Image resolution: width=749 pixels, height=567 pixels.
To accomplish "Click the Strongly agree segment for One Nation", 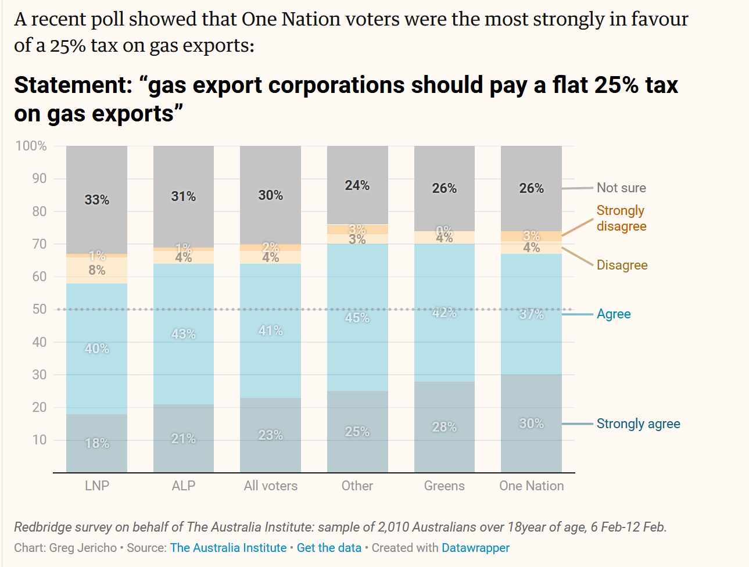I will [x=531, y=424].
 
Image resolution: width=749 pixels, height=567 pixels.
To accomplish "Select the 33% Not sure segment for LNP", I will [x=96, y=200].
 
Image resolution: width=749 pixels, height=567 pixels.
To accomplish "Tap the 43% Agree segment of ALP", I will [x=183, y=334].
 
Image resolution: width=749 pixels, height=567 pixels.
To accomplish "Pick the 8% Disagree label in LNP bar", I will [x=96, y=270].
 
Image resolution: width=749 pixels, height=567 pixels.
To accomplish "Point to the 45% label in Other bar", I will [x=357, y=318].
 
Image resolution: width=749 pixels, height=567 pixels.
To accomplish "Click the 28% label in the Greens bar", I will [x=444, y=427].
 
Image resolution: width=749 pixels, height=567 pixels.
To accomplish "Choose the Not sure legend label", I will [x=621, y=188].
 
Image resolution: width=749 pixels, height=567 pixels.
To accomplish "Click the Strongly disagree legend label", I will [x=621, y=218].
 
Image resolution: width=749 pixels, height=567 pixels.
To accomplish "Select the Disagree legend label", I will [x=622, y=265].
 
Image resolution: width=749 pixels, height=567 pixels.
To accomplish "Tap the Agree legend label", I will [x=614, y=314].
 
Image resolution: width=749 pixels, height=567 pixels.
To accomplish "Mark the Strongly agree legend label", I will [x=638, y=424].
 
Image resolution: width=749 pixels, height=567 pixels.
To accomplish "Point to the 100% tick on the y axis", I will [x=31, y=146].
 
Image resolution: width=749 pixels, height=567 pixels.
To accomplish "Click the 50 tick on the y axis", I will [x=39, y=309].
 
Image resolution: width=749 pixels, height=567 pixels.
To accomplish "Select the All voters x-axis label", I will [x=270, y=486].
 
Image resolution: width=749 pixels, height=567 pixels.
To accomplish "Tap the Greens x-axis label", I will [x=444, y=486].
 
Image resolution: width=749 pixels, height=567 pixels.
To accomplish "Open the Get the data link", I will [x=329, y=548].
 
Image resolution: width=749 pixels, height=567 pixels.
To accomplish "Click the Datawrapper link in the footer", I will [x=475, y=548].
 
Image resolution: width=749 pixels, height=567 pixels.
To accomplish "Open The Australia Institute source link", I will [x=228, y=548].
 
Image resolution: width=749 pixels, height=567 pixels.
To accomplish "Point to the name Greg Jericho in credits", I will [x=83, y=548].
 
